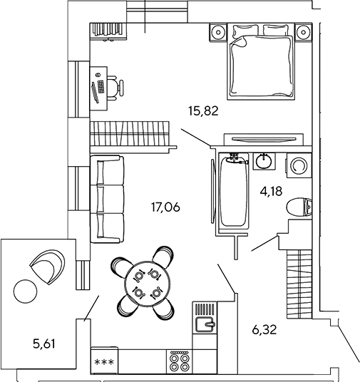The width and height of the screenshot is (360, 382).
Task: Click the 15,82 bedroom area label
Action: (203, 111)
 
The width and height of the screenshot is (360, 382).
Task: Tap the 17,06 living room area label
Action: (165, 207)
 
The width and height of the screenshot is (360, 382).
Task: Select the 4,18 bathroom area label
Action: (271, 192)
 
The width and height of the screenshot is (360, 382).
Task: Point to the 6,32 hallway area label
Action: (264, 330)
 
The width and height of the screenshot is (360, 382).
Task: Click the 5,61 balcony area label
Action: (44, 344)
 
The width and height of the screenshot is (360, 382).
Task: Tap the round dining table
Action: (148, 284)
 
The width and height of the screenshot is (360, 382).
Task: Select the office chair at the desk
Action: (115, 87)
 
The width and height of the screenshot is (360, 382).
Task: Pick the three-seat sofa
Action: (107, 200)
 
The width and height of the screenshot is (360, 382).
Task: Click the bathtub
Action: (234, 190)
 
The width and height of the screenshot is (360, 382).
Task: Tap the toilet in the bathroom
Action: (299, 207)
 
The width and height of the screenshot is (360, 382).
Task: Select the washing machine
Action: (299, 165)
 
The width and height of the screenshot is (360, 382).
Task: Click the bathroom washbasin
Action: (264, 161)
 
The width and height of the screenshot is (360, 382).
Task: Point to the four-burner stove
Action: (180, 361)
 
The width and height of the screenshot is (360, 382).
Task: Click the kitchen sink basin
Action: (205, 324)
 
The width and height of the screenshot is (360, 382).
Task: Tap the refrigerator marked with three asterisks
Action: (104, 361)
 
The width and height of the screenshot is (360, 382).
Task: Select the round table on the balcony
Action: (26, 291)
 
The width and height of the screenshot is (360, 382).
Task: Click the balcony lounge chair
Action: (48, 266)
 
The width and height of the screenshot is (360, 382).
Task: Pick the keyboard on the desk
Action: (101, 87)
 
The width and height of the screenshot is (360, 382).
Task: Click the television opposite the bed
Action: (264, 139)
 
